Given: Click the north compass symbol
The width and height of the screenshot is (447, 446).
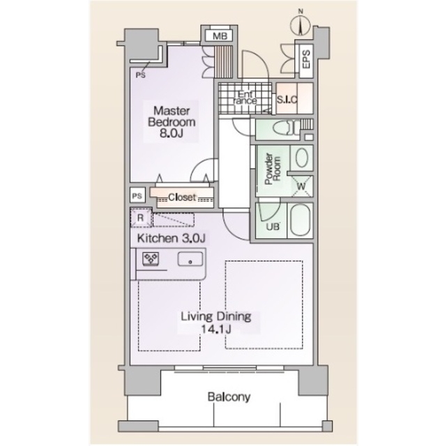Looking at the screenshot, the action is point(300,24).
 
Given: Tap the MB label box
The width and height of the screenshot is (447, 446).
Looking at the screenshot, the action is point(220,36).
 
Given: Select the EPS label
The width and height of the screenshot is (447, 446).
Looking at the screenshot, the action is point(306,59).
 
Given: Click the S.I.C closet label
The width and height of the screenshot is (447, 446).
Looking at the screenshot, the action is point(287,100).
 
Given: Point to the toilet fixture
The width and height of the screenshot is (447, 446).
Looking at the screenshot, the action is point(287,129).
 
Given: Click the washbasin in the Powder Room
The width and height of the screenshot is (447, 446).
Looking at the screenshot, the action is point(302,158).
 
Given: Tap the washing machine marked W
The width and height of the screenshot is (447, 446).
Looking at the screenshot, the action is point(301,187).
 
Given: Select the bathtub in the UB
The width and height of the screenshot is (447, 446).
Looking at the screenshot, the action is point(301,220).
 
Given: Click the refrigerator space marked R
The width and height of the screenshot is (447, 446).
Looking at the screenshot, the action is point(141,218).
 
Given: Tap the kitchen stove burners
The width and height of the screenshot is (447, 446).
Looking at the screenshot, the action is point(151,259).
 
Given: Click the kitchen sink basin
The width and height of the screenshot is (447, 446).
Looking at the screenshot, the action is point(190,259).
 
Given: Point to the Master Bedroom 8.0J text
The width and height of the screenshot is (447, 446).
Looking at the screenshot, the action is point(172,122).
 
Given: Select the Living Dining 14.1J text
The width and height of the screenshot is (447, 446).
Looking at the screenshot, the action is point(216,323).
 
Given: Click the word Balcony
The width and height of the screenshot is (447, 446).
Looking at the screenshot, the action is point(229,397).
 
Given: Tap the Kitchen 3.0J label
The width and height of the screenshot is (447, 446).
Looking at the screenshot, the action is point(172,238).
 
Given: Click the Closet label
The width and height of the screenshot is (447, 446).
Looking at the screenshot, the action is point(182,197).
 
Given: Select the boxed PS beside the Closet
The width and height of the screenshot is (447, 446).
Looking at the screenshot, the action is point(137,196).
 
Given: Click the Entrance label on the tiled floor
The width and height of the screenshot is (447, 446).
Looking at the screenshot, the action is point(245,98).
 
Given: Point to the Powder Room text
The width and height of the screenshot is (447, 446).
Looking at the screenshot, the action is point(273,169).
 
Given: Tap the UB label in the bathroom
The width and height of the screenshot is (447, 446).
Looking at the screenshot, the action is point(273,227).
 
